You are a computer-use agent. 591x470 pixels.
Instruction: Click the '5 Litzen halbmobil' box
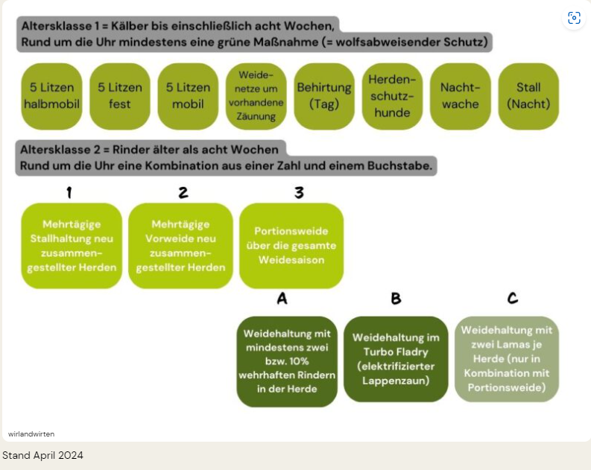click(51, 96)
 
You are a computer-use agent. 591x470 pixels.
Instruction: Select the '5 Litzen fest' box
click(120, 96)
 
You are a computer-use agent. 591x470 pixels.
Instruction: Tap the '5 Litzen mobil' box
click(188, 96)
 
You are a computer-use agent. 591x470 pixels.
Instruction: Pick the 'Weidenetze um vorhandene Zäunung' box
click(256, 96)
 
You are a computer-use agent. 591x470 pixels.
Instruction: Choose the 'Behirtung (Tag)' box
click(324, 96)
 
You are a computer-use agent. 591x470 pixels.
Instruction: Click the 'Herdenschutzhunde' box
click(392, 96)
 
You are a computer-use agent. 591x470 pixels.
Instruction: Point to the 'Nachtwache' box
click(461, 96)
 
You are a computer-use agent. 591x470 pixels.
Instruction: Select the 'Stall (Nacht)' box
click(528, 96)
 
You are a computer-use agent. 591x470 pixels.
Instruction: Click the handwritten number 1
click(69, 192)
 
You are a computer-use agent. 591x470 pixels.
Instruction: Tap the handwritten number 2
click(183, 192)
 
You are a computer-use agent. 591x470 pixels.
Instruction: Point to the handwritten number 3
click(299, 192)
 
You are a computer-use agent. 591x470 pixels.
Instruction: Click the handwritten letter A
click(282, 298)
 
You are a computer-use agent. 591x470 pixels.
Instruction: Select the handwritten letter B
click(396, 298)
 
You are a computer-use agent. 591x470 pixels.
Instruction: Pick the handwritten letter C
click(513, 298)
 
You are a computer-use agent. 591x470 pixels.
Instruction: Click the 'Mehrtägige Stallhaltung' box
click(72, 246)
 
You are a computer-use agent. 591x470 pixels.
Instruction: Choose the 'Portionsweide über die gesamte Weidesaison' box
click(291, 246)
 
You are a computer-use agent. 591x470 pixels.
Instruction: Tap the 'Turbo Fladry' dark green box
click(396, 359)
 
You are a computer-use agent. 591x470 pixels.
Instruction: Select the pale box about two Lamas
click(507, 359)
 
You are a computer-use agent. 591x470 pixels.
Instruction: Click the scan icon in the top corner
click(574, 18)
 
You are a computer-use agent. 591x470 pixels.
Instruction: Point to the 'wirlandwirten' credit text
click(31, 434)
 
